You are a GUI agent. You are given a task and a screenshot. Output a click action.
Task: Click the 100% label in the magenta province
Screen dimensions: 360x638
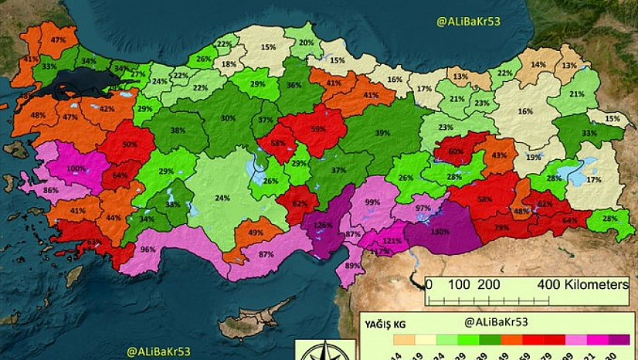coord(77,168)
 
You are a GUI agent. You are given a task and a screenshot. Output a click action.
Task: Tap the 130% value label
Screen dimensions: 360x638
coord(439,232)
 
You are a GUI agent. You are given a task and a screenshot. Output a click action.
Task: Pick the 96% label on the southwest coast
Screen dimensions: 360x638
coord(148,250)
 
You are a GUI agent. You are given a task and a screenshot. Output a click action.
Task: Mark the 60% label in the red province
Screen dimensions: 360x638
coord(456,151)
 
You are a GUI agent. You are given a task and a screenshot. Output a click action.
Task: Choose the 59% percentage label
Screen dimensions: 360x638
coord(317,131)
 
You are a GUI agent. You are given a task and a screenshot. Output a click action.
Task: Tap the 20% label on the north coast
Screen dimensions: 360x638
coord(307,42)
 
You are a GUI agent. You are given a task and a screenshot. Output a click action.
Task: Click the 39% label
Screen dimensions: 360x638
coord(382,133)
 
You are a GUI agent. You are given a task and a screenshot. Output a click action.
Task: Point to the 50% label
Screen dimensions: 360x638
coord(129,144)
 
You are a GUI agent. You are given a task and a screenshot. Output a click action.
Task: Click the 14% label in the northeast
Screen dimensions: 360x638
coord(538,65)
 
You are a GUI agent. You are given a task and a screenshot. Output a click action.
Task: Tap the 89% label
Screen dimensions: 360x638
coord(353,266)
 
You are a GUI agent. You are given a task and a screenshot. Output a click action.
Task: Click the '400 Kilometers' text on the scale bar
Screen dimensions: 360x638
coord(582,284)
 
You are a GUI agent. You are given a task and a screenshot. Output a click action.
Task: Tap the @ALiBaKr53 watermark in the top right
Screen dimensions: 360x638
coord(469,22)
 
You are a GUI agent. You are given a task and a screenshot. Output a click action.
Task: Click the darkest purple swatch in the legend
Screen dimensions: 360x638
coord(619,339)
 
